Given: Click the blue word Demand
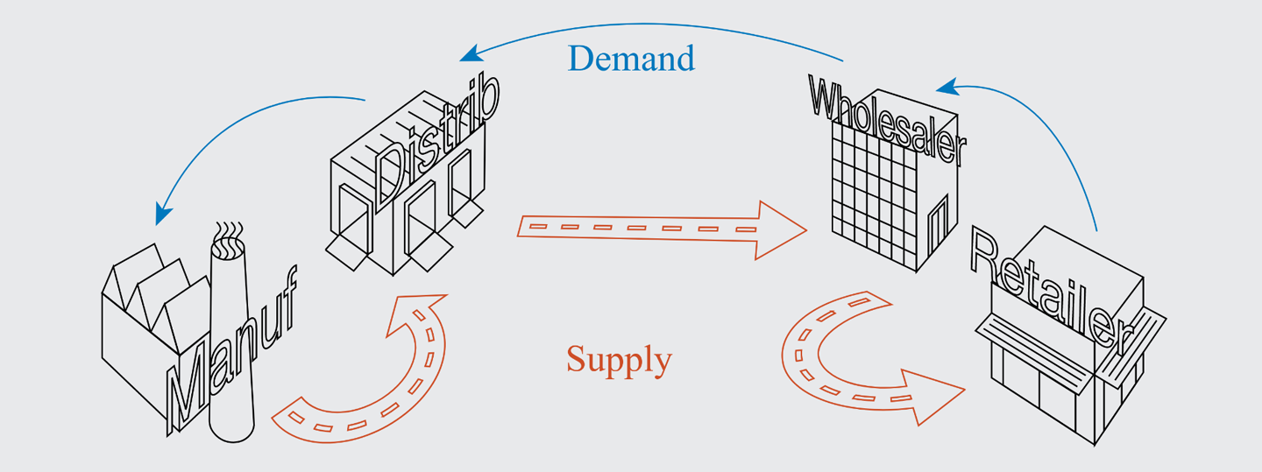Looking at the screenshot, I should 631,59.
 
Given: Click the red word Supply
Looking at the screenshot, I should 619,359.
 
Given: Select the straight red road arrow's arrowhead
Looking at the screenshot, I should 780,230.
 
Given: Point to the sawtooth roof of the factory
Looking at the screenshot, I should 158,280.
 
